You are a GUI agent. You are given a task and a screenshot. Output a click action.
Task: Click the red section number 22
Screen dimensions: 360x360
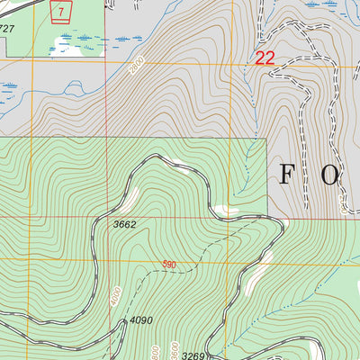click(264, 58)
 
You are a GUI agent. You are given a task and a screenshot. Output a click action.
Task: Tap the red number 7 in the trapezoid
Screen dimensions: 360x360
click(61, 11)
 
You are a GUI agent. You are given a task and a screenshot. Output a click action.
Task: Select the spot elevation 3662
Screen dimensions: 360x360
click(124, 225)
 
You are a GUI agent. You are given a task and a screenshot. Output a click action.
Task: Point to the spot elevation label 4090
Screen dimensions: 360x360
click(140, 319)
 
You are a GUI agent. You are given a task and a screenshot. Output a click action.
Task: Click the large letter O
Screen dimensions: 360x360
click(329, 175)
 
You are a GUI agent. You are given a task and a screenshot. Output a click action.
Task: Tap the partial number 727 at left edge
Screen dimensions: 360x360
click(7, 29)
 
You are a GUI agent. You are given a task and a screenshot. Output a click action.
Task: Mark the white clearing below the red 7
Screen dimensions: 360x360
click(65, 45)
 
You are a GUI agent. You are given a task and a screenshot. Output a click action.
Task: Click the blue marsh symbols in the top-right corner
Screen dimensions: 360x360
click(328, 4)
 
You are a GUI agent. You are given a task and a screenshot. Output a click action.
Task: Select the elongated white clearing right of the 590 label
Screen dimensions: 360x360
click(262, 265)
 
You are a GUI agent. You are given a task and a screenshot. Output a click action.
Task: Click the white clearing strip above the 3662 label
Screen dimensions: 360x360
click(135, 192)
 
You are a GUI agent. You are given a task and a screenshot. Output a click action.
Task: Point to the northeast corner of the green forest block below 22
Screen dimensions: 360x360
click(267, 139)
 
